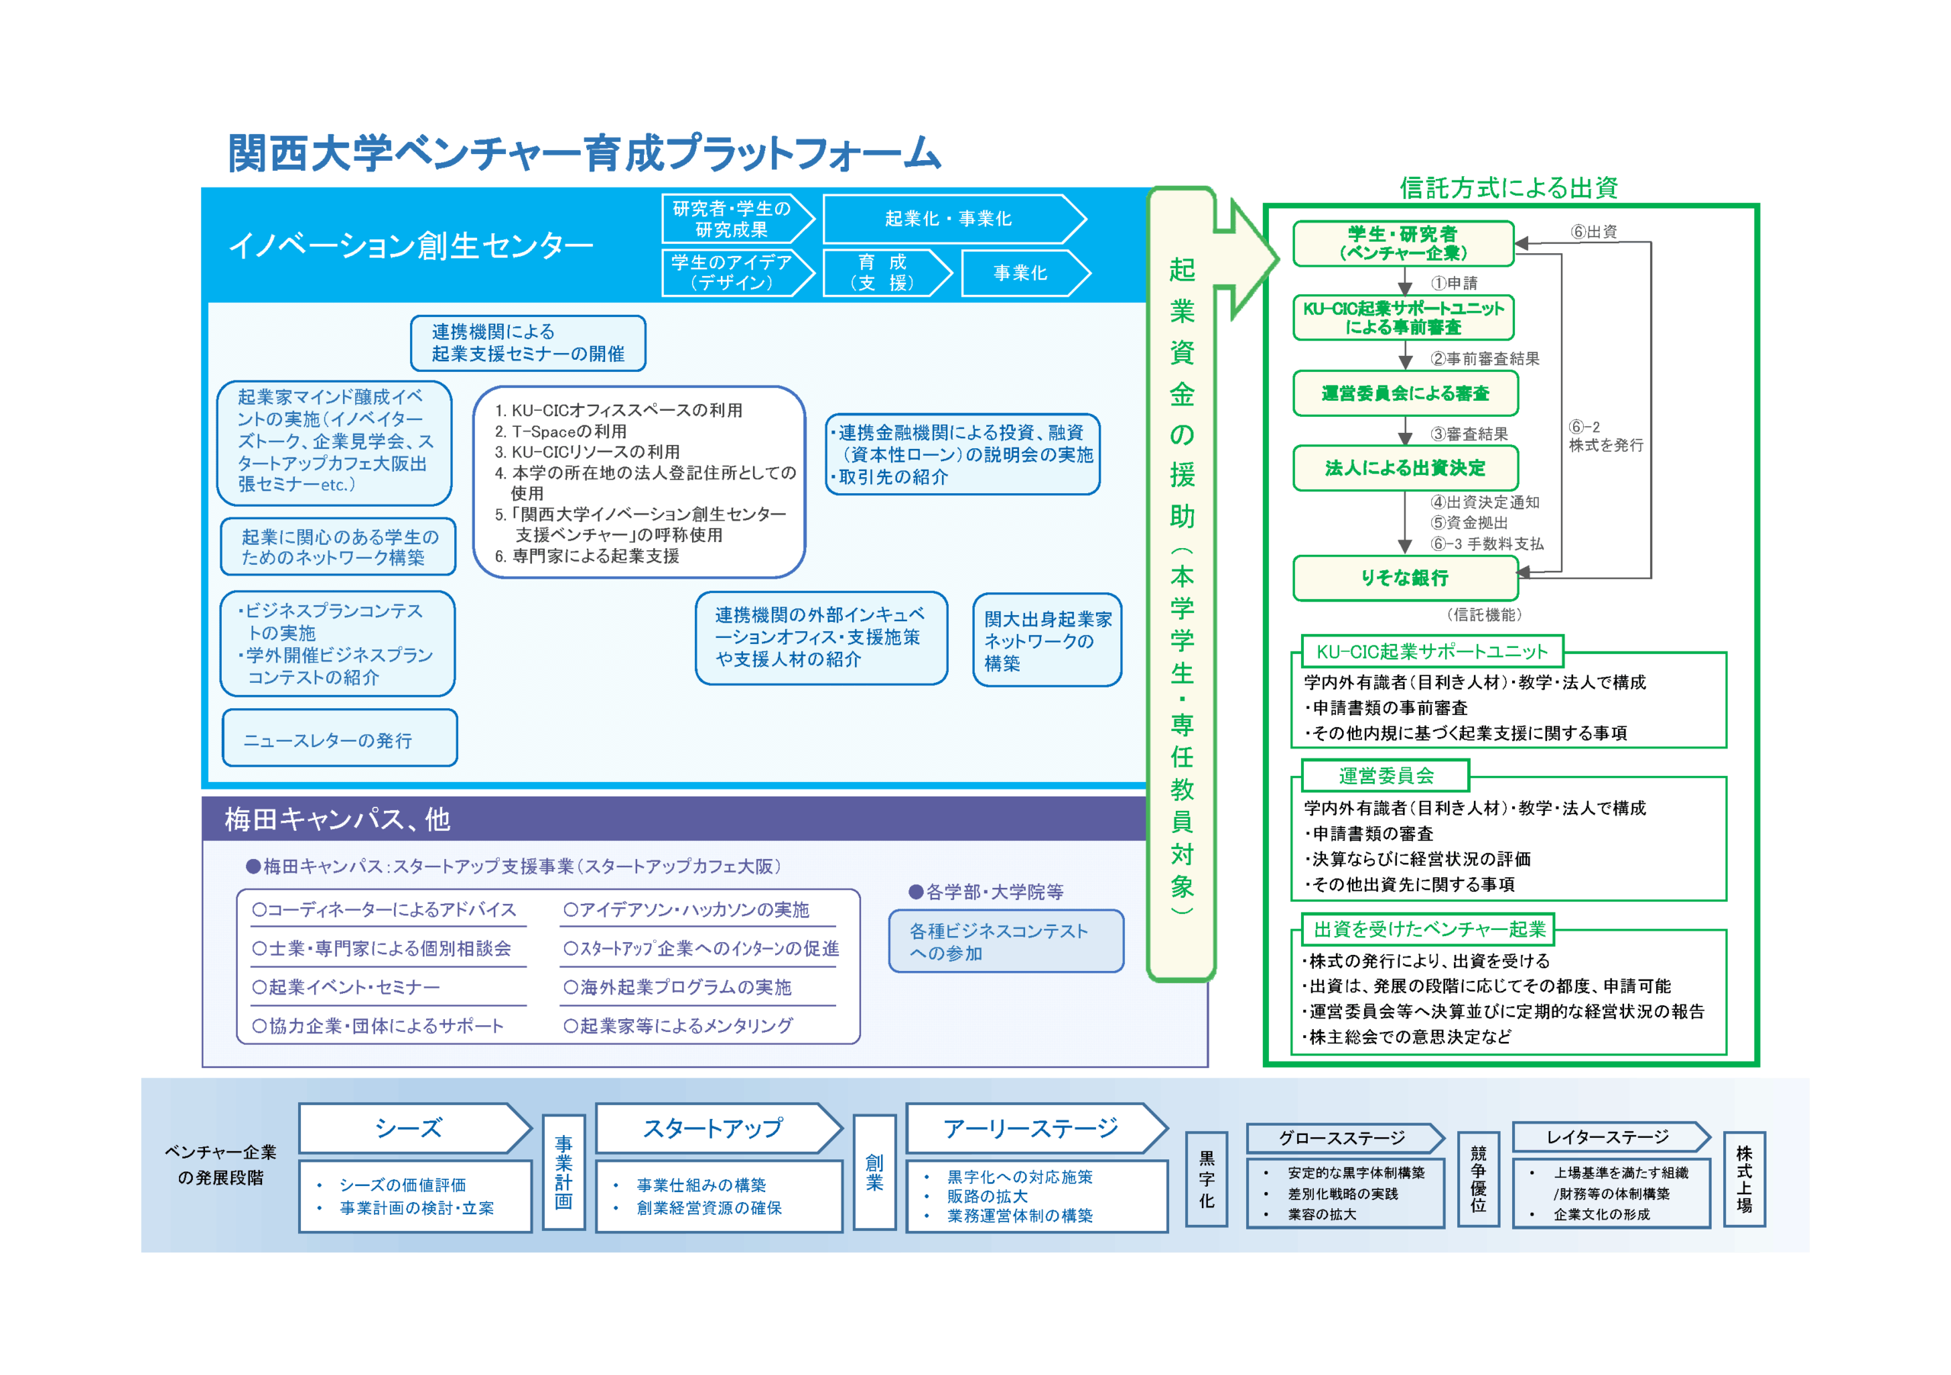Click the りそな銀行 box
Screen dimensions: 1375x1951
(x=1405, y=578)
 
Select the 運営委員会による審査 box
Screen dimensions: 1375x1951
(x=1405, y=393)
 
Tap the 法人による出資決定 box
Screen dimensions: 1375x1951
(x=1405, y=467)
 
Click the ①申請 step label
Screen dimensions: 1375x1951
(x=1454, y=283)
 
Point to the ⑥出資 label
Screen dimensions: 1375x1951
(x=1594, y=232)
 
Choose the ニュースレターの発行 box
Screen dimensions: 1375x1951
(x=339, y=739)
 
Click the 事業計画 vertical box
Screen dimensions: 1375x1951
(x=563, y=1172)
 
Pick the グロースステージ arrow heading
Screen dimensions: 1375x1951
(x=1343, y=1138)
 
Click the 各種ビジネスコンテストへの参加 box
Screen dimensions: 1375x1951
(x=1005, y=941)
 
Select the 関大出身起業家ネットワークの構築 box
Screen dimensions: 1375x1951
(x=1047, y=641)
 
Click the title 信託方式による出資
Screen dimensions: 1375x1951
(x=1508, y=187)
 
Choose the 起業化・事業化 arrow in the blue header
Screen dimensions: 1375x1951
(x=951, y=220)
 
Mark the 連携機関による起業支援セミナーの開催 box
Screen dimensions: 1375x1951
(x=527, y=343)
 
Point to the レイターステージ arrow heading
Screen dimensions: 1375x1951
(x=1608, y=1137)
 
